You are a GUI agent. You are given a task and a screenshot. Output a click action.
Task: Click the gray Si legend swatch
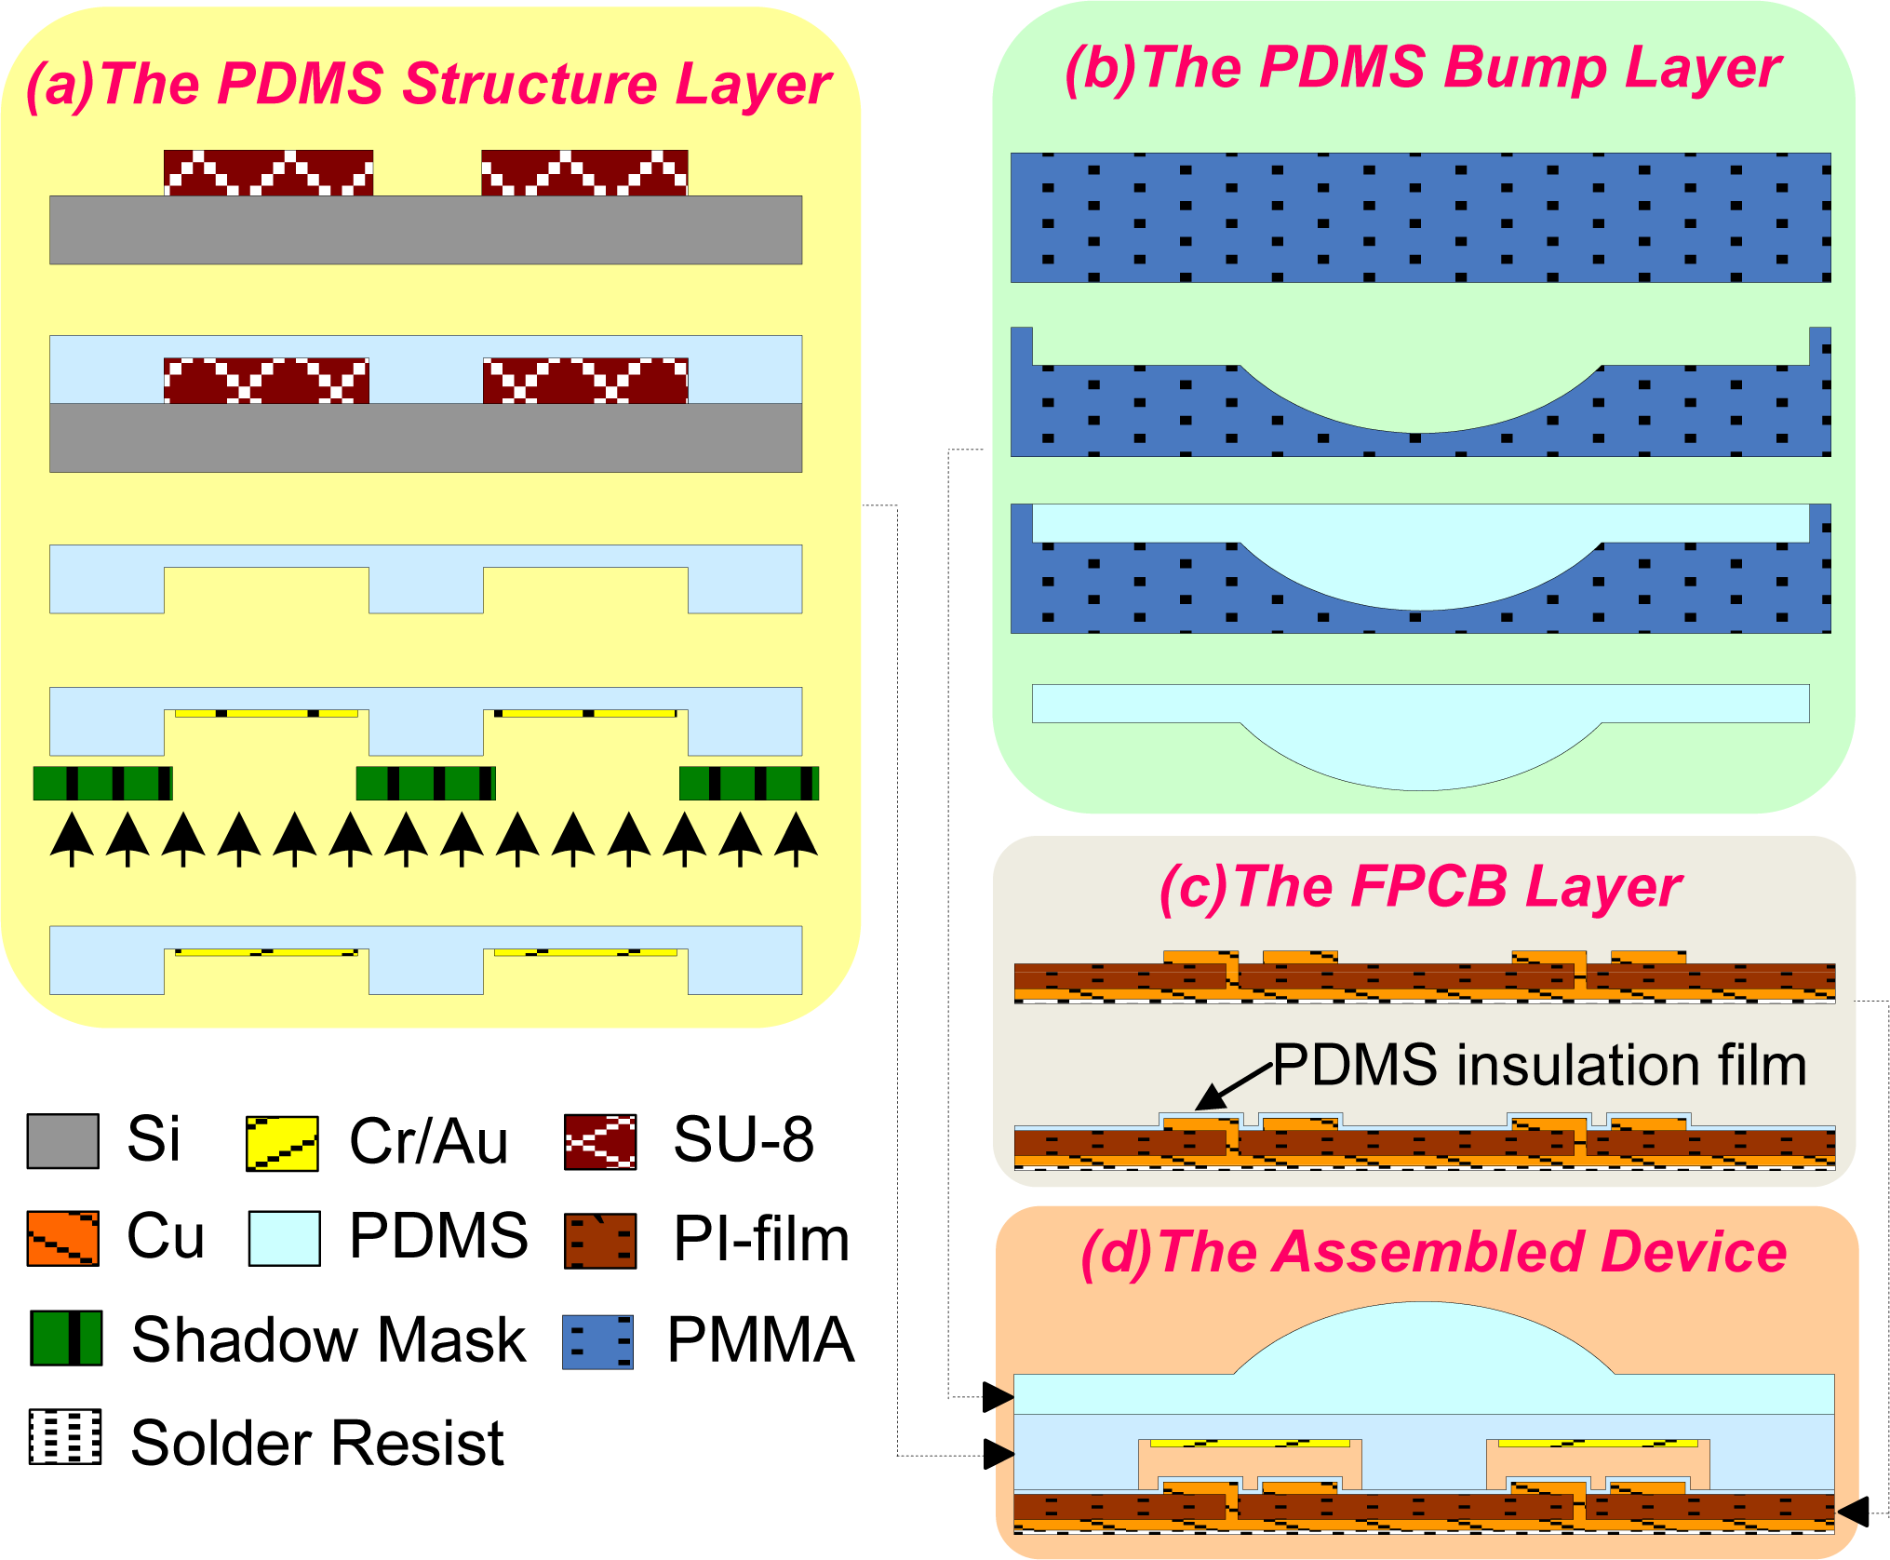pos(62,1140)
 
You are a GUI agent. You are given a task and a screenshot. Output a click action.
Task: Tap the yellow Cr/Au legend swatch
pos(282,1143)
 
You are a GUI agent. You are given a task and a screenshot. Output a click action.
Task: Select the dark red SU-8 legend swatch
pos(600,1141)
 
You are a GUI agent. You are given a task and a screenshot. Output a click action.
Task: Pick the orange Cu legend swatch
pos(62,1238)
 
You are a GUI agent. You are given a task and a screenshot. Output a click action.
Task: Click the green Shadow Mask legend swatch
pos(66,1338)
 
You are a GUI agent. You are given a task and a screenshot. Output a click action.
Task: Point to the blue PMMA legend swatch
pos(597,1341)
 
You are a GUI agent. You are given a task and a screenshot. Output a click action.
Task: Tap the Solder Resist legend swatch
pos(65,1436)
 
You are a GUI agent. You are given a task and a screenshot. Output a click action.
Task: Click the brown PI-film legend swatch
pos(600,1241)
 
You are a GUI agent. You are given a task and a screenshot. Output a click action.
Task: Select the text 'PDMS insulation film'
pos(1539,1065)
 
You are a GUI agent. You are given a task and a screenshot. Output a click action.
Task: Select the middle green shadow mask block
pos(425,783)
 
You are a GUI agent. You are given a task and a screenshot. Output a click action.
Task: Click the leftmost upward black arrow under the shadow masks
pos(72,838)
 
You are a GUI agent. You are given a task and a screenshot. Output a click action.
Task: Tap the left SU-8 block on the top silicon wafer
pos(268,172)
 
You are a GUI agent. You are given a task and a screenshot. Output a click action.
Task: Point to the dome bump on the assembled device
pos(1424,1340)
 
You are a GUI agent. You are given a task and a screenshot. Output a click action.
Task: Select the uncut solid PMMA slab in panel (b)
pos(1420,217)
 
